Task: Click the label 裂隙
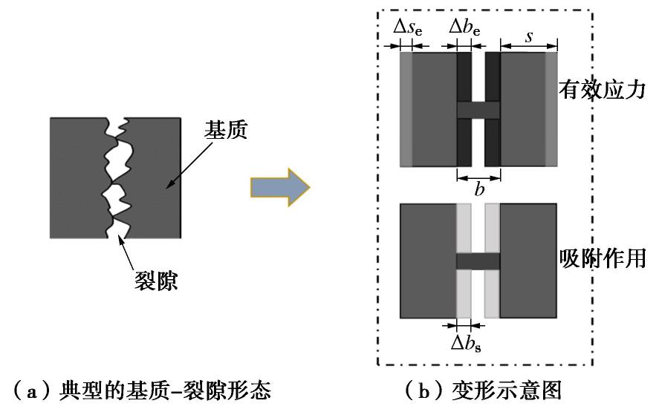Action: pyautogui.click(x=156, y=283)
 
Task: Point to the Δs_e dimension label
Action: pyautogui.click(x=407, y=30)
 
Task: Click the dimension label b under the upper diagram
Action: pyautogui.click(x=479, y=189)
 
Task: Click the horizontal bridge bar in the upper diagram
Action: pyautogui.click(x=478, y=109)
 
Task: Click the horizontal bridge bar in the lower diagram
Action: pyautogui.click(x=478, y=261)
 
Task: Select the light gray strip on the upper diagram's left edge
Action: pyautogui.click(x=406, y=109)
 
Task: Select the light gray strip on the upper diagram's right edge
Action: pyautogui.click(x=551, y=109)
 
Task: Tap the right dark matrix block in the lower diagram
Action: pyautogui.click(x=528, y=259)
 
